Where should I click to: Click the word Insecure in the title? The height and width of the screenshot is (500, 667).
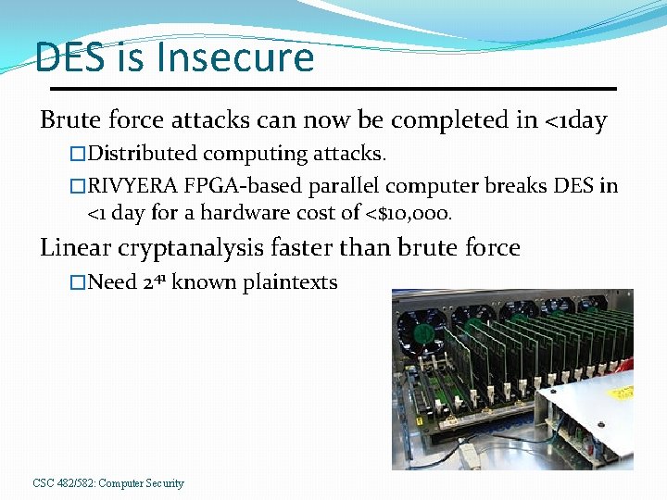236,57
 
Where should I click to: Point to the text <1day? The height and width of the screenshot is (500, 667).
573,120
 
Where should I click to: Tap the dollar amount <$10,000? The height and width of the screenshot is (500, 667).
407,213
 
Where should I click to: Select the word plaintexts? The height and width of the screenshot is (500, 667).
290,282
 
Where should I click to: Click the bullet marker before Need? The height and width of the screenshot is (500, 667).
78,282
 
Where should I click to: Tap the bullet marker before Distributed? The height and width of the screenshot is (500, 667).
78,153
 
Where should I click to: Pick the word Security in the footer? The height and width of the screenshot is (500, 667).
163,483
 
